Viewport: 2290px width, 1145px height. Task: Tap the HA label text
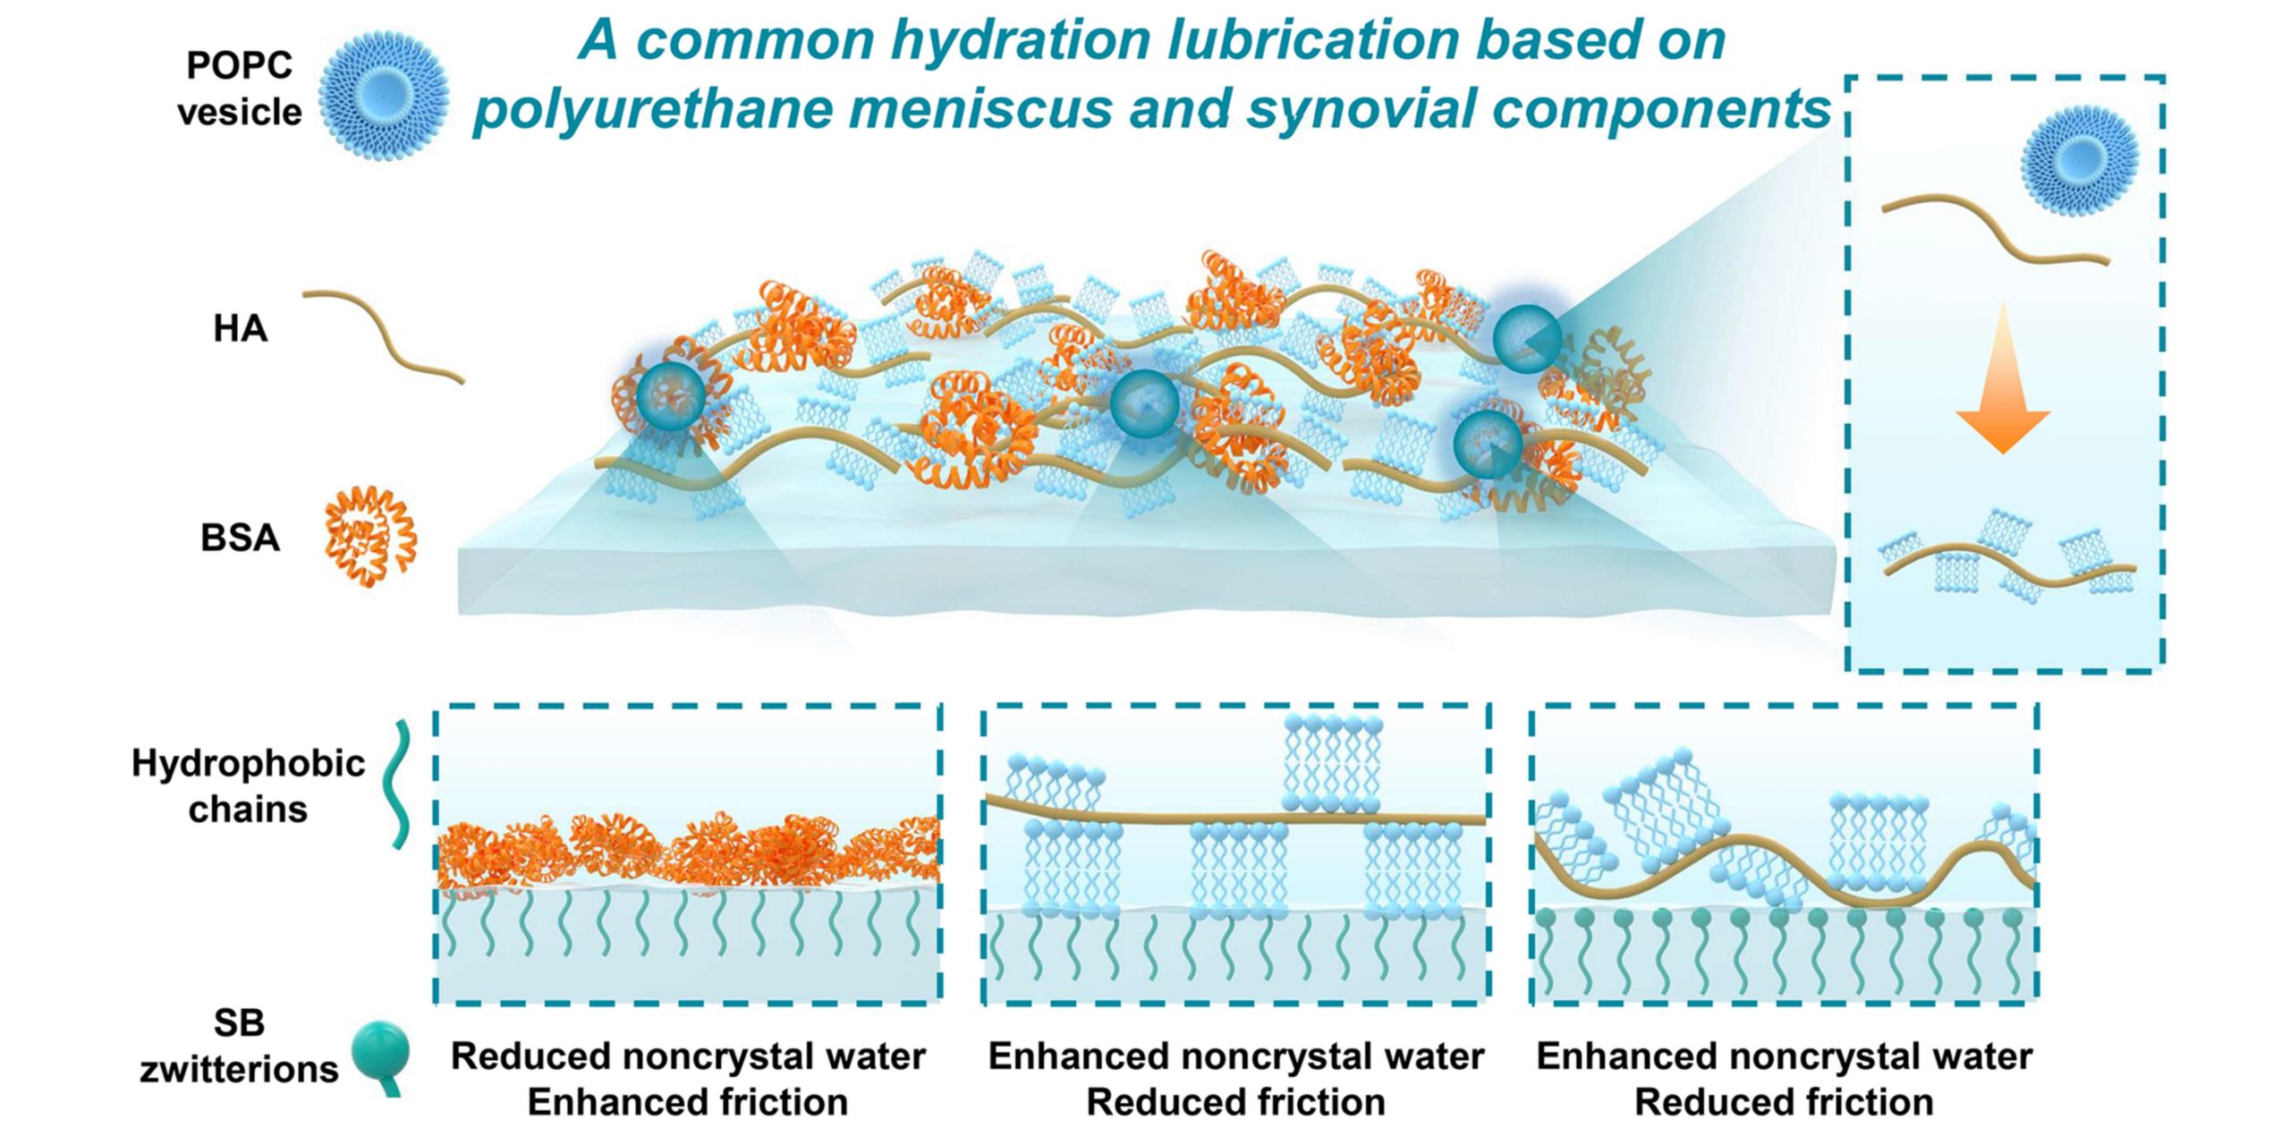pyautogui.click(x=240, y=329)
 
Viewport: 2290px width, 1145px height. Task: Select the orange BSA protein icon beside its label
pyautogui.click(x=370, y=536)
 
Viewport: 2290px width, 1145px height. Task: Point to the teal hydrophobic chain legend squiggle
pyautogui.click(x=398, y=785)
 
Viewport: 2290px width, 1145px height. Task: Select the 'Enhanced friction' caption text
pyautogui.click(x=687, y=1102)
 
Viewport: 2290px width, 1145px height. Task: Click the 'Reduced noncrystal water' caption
pyautogui.click(x=687, y=1056)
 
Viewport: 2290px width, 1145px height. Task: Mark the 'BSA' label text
pyautogui.click(x=240, y=538)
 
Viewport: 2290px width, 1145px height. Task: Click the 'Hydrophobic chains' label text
pyautogui.click(x=248, y=785)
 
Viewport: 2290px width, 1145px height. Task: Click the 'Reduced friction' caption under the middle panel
pyautogui.click(x=1235, y=1102)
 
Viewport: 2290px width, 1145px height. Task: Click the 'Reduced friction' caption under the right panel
pyautogui.click(x=1784, y=1102)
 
